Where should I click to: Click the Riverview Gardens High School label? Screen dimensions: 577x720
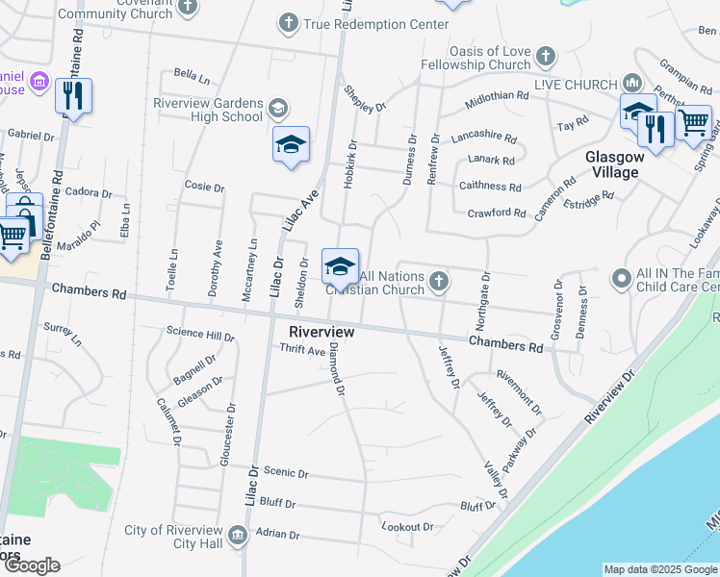click(207, 110)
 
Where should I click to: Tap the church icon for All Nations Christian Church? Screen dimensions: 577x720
click(439, 281)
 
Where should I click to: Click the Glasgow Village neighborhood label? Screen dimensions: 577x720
click(613, 164)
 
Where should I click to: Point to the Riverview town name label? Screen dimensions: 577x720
click(321, 332)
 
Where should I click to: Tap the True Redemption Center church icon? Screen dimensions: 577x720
click(288, 21)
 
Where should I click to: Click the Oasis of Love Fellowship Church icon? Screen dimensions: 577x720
click(546, 56)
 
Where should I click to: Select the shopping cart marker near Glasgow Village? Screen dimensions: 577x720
click(694, 122)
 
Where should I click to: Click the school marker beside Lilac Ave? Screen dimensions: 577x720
click(291, 145)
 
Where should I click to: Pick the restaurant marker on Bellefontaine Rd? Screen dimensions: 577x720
click(73, 95)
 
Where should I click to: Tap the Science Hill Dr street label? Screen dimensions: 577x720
click(200, 336)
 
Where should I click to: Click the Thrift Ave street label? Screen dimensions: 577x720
click(302, 351)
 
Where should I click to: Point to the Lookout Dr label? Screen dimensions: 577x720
click(407, 527)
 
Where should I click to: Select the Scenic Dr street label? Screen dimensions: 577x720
click(285, 473)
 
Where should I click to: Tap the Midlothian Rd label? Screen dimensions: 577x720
click(497, 96)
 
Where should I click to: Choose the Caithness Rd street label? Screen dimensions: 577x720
click(490, 187)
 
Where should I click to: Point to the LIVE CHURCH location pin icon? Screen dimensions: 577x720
click(632, 83)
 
